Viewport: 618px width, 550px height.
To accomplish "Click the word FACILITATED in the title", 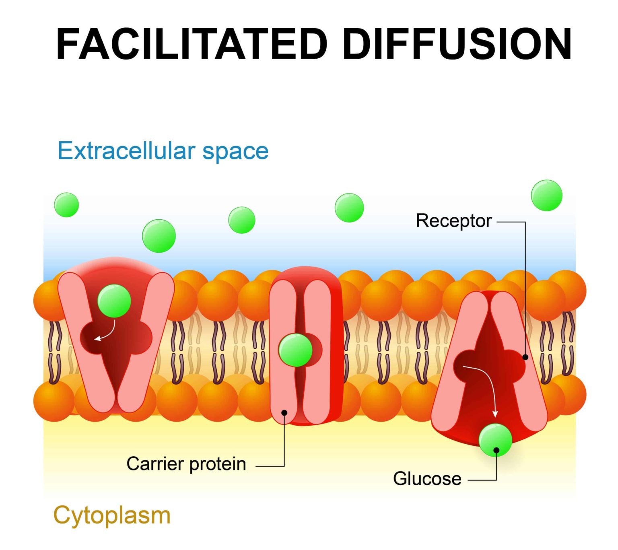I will coord(192,44).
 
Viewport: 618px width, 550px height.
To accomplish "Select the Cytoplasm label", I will coord(112,515).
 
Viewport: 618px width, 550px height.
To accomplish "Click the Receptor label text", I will coord(453,221).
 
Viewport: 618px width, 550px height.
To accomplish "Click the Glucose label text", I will coord(427,479).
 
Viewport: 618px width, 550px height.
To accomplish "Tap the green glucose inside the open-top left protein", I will coord(114,301).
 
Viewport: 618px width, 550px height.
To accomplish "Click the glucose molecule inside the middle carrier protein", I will coord(296,350).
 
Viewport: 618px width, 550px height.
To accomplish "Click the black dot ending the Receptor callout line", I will coord(525,357).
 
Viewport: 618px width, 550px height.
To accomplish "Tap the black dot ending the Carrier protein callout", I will coord(284,412).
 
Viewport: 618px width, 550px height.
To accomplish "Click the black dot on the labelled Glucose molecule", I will coord(496,450).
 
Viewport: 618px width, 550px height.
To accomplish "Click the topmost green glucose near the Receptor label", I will coord(546,196).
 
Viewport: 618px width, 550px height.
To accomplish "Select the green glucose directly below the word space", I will coord(242,220).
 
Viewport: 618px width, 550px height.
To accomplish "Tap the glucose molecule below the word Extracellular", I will coord(159,236).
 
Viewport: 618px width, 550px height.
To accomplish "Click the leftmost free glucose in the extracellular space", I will coord(66,205).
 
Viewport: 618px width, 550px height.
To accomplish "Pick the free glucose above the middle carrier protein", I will coord(349,208).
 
